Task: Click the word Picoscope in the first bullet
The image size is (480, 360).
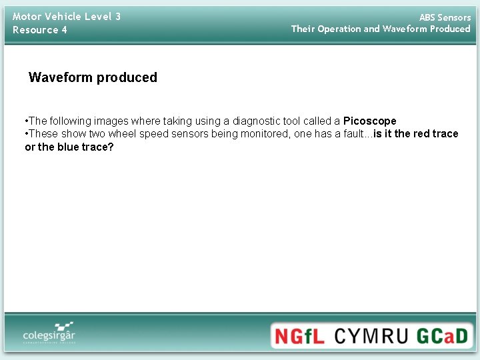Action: click(369, 121)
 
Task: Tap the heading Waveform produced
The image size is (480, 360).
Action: click(93, 77)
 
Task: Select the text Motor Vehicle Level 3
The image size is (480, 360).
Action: click(67, 16)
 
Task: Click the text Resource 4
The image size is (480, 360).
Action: click(40, 30)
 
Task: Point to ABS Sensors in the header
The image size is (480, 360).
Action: click(445, 17)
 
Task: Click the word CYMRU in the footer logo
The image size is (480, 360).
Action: click(370, 335)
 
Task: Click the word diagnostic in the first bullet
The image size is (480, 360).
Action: click(255, 121)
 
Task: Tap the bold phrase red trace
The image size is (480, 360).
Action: click(436, 133)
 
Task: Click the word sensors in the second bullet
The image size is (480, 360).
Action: click(192, 133)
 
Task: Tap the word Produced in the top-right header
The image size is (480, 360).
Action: click(450, 29)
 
